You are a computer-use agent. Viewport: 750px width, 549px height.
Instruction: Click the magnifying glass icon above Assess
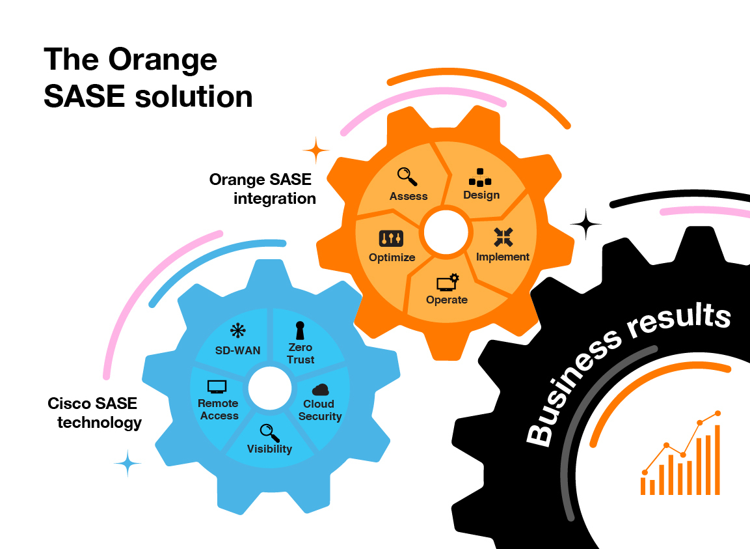(x=407, y=176)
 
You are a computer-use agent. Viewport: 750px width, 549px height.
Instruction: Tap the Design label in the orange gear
(x=481, y=195)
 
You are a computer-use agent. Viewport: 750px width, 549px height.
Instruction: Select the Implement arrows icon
(x=503, y=237)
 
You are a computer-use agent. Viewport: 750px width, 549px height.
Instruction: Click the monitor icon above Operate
(x=447, y=283)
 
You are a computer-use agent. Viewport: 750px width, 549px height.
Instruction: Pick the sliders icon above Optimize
(x=391, y=238)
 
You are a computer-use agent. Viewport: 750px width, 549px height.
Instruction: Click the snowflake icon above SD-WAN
(x=238, y=331)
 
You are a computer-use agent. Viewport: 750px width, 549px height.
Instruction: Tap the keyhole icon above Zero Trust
(x=300, y=330)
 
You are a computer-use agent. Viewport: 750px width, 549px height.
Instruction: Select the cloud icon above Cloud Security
(x=320, y=389)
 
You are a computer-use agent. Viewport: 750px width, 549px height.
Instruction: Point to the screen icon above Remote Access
(x=217, y=387)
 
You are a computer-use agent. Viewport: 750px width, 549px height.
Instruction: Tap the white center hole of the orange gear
(x=446, y=232)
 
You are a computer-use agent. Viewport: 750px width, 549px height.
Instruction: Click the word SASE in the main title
(x=83, y=97)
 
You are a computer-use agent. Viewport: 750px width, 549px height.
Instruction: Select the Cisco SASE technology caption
(x=94, y=413)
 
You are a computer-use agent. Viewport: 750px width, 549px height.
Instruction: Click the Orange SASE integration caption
(x=263, y=189)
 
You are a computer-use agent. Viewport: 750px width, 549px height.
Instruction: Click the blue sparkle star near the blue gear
(x=127, y=464)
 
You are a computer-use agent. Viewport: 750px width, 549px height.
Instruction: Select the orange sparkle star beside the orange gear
(x=316, y=151)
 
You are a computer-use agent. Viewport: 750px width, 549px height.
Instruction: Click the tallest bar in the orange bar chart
(x=717, y=460)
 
